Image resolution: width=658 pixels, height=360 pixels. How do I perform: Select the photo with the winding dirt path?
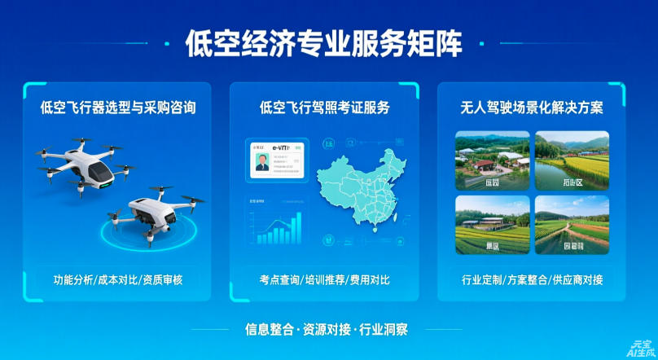coord(571,224)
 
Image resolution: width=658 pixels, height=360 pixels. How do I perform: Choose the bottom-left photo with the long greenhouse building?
coord(487,224)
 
